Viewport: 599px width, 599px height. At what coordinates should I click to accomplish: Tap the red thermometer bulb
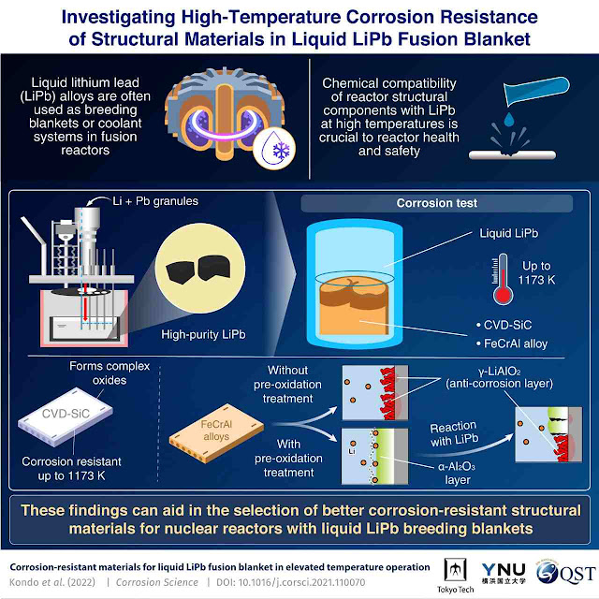click(503, 295)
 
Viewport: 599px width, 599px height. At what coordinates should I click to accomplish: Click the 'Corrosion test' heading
click(437, 203)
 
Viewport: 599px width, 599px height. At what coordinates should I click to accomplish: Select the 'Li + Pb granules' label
click(155, 201)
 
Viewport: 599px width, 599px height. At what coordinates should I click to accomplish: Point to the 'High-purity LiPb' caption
click(203, 335)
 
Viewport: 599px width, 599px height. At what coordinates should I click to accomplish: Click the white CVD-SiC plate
click(66, 416)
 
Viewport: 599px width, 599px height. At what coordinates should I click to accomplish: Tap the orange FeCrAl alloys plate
click(216, 433)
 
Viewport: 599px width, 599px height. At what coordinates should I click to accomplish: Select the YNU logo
click(504, 574)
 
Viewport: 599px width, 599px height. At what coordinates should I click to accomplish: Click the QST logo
click(565, 573)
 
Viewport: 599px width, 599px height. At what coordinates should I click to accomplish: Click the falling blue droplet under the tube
click(509, 120)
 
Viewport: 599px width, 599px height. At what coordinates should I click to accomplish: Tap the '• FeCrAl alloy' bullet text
click(512, 343)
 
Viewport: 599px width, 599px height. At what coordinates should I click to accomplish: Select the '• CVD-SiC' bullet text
click(504, 325)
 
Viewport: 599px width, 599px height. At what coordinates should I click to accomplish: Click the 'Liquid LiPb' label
click(509, 233)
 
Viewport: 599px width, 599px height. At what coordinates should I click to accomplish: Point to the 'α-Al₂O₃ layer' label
click(457, 473)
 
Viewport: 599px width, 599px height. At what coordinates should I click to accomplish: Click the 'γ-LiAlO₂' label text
click(499, 371)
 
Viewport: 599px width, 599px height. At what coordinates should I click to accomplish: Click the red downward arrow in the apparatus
click(85, 306)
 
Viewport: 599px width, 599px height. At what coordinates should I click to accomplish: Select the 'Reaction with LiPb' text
click(454, 434)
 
